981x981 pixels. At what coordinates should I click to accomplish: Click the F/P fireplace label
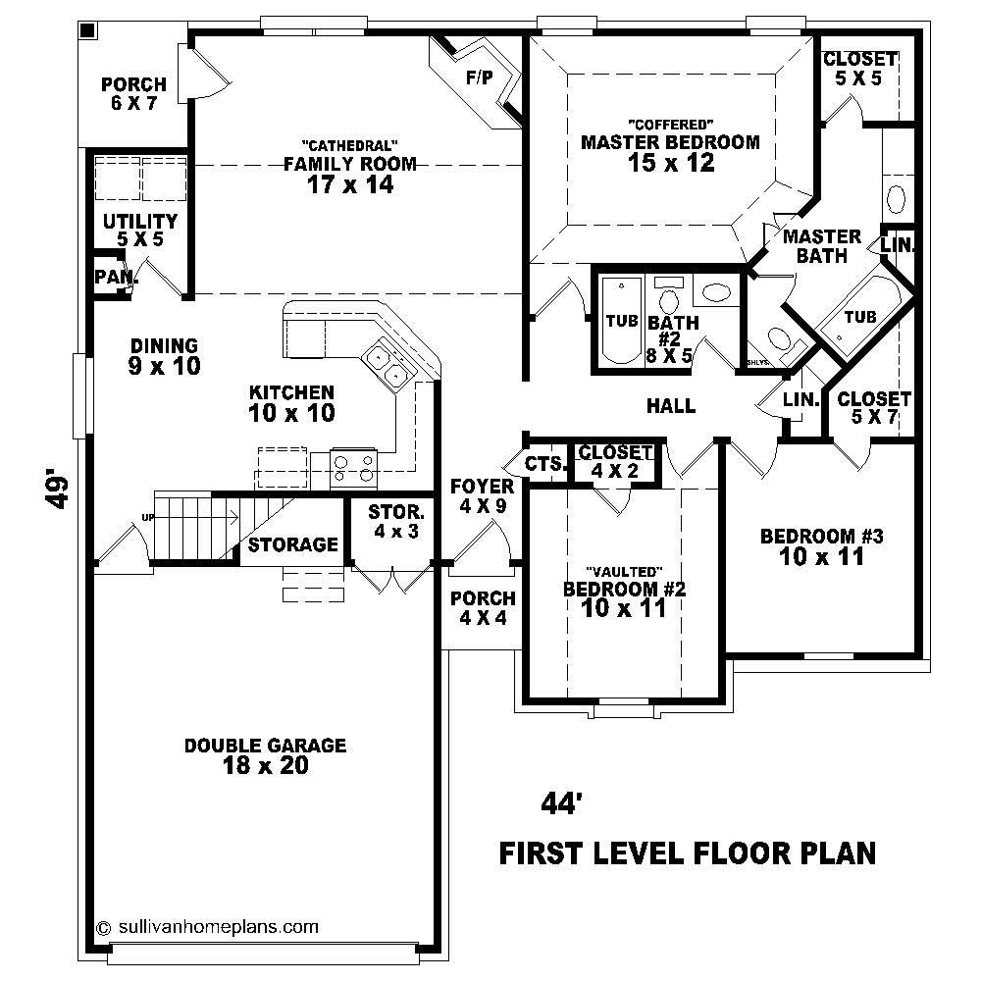click(480, 77)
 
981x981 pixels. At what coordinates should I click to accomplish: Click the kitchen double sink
click(386, 365)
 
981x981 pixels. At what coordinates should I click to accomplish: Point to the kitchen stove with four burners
click(354, 467)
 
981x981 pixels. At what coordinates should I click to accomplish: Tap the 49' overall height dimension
click(60, 491)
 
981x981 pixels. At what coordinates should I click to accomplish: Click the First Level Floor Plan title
click(688, 853)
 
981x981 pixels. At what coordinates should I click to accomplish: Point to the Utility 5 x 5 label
click(140, 230)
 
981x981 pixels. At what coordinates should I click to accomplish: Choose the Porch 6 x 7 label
click(133, 94)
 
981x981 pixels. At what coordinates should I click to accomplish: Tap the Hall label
click(671, 405)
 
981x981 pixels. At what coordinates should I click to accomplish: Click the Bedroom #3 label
click(822, 546)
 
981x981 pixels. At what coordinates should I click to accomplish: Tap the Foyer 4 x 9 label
click(482, 496)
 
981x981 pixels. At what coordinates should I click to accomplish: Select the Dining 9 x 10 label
click(165, 356)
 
